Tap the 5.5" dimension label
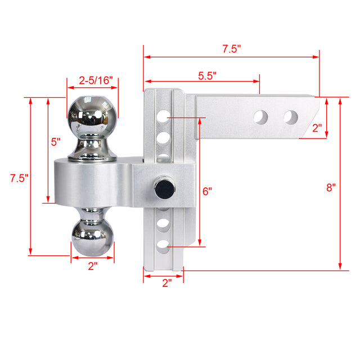tap(207, 74)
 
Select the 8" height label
tap(330, 187)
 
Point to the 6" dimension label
tap(207, 191)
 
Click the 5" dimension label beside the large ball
tap(56, 142)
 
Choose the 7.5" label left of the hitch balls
tap(19, 178)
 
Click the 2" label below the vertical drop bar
tap(166, 283)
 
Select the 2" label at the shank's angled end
tap(318, 128)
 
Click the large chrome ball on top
tap(93, 115)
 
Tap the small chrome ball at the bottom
tap(92, 235)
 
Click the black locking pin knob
tap(164, 188)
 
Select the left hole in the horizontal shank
tap(260, 117)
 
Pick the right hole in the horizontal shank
tap(290, 117)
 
